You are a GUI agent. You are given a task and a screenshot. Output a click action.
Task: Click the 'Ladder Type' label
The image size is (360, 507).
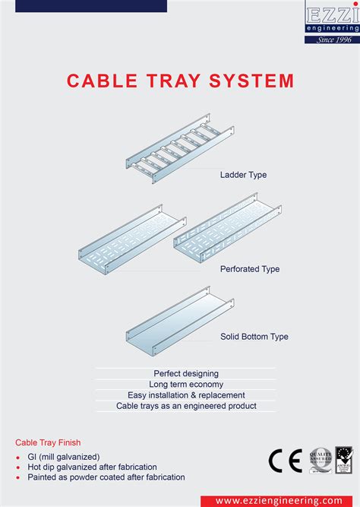tap(243, 175)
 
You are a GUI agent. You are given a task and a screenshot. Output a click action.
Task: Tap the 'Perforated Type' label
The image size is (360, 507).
tap(250, 269)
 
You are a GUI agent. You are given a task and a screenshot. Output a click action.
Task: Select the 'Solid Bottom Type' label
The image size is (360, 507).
tap(254, 336)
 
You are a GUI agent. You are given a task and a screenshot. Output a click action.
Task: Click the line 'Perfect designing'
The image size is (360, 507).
tap(186, 374)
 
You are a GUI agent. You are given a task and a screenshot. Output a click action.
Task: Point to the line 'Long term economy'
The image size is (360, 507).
tap(186, 385)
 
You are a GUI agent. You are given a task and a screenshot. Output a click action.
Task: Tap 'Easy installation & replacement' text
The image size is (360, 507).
tap(186, 395)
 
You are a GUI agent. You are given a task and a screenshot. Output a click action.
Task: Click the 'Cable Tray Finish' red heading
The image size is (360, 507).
tap(48, 442)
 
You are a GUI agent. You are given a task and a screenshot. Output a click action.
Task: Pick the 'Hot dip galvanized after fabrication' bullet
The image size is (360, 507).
tap(92, 467)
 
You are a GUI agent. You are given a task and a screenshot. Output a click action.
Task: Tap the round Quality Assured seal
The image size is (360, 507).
tap(320, 461)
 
